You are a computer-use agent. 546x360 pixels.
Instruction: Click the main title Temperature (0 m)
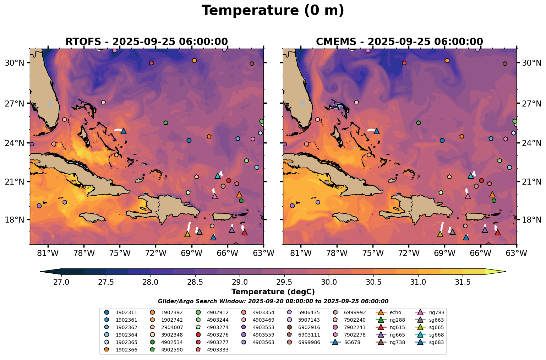[273, 11]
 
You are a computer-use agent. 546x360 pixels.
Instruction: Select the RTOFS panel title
[146, 42]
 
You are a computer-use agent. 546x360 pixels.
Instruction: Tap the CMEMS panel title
[399, 42]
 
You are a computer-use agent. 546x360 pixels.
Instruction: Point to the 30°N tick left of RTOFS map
[15, 63]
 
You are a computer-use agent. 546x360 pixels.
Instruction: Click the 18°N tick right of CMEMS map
[531, 220]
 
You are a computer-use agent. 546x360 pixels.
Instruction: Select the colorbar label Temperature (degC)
[273, 292]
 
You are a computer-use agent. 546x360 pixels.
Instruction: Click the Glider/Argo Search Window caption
[273, 301]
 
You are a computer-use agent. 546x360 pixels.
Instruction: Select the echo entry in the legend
[395, 313]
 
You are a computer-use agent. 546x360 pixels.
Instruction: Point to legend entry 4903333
[218, 350]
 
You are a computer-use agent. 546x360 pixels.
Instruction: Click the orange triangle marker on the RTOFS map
[239, 195]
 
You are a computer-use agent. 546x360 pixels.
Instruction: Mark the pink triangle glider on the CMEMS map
[468, 196]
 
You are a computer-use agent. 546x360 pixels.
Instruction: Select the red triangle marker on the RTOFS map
[244, 233]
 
